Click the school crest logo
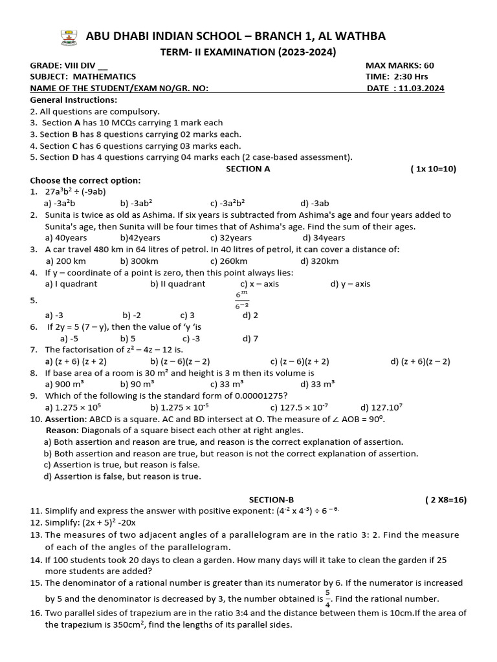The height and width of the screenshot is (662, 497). point(67,37)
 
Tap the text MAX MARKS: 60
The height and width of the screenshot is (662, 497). point(399,65)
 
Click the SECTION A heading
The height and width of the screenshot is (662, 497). point(247,169)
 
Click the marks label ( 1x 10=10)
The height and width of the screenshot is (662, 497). point(433,169)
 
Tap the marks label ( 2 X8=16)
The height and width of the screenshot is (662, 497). point(445,500)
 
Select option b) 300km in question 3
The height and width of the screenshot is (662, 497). point(139,261)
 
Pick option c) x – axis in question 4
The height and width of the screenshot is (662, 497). point(260,284)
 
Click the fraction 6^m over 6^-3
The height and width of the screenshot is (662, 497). point(241,300)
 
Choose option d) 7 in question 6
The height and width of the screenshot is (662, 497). point(250,338)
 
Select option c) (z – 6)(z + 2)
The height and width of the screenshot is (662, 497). point(300,361)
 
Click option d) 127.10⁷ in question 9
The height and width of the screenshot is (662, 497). point(382,407)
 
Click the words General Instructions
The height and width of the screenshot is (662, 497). point(74,100)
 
